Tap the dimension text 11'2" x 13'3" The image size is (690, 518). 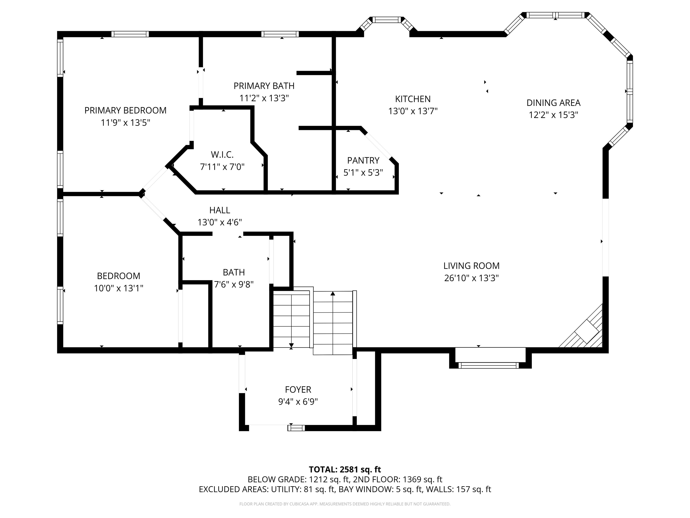[x=264, y=98]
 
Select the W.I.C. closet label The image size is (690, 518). [x=222, y=154]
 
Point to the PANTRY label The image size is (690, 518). [x=363, y=161]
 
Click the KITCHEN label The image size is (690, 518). [x=413, y=99]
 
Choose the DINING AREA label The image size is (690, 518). [x=553, y=103]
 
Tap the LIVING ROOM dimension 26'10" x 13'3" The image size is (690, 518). [x=471, y=278]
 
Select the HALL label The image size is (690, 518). [x=220, y=210]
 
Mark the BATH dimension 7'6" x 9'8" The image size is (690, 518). [x=234, y=284]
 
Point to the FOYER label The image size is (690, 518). [x=298, y=390]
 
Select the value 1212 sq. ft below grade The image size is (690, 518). [x=330, y=480]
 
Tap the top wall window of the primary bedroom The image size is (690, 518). [x=130, y=34]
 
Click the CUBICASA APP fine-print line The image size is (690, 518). [x=345, y=504]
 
